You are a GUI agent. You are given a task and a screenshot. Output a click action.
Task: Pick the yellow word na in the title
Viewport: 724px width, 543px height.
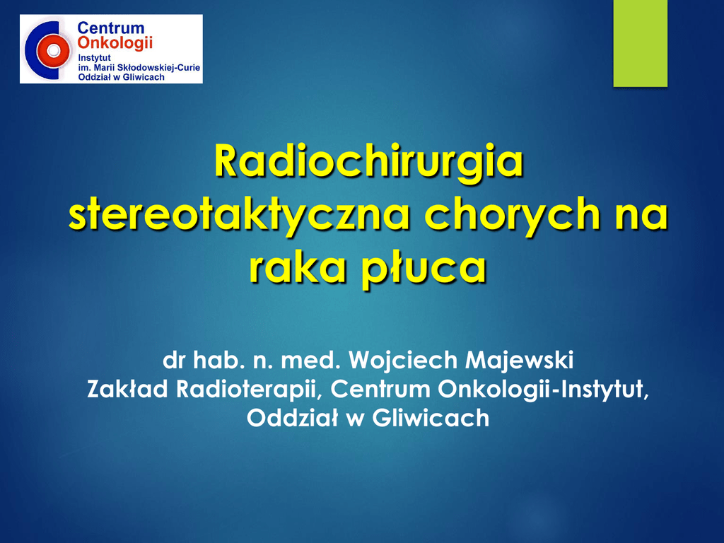coord(642,218)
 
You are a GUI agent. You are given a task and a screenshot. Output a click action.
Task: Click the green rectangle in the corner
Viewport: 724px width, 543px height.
coord(640,43)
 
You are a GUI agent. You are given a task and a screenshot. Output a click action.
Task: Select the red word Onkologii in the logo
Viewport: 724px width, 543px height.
coord(115,43)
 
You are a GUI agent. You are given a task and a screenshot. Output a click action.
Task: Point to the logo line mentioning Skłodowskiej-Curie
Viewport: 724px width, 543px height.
coord(139,68)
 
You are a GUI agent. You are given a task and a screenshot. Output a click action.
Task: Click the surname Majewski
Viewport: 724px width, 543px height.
coord(519,360)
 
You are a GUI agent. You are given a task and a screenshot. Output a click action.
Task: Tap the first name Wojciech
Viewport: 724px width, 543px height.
coord(402,360)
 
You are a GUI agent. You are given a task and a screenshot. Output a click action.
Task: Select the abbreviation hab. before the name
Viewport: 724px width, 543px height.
coord(219,360)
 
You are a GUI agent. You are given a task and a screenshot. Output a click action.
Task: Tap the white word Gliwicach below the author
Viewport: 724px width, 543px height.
coord(431,418)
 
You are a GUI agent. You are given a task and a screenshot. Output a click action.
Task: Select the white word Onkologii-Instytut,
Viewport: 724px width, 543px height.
coord(544,390)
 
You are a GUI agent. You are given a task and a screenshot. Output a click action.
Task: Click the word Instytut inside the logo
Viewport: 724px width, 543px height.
coord(95,58)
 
